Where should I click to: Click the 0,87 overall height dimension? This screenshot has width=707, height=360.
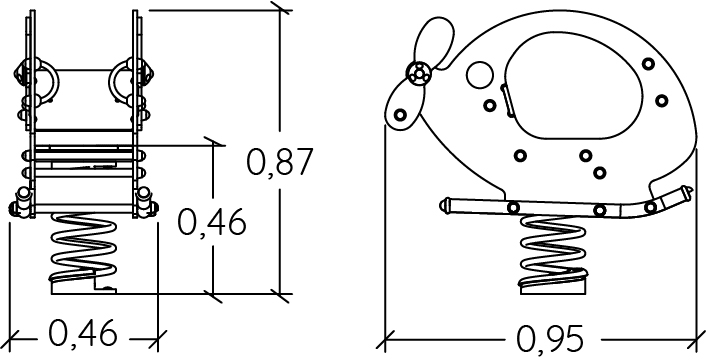(280, 162)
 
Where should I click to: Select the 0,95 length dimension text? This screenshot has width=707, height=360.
(550, 338)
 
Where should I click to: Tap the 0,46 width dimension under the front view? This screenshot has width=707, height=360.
(83, 333)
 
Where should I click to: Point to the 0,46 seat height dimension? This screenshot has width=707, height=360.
(211, 222)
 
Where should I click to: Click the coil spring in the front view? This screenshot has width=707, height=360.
(83, 247)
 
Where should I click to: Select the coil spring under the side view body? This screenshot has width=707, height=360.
(553, 250)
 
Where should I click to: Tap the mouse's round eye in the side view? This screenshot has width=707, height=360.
(480, 75)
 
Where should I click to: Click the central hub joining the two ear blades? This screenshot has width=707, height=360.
(419, 73)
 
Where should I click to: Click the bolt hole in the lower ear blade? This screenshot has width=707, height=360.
(400, 115)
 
